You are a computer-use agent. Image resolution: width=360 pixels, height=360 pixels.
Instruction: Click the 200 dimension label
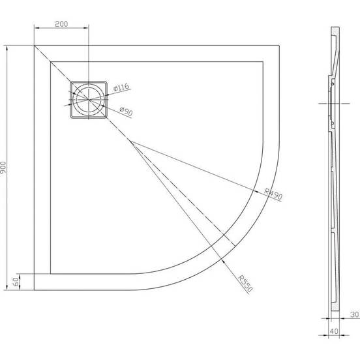click(x=61, y=24)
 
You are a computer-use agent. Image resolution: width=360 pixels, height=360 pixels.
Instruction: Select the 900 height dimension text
click(x=3, y=168)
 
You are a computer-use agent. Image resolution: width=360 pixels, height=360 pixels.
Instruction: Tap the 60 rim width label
click(x=16, y=282)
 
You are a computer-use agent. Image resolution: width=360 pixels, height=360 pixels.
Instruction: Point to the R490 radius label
click(x=273, y=194)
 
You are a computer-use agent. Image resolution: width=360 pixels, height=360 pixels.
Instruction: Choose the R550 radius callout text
click(x=245, y=284)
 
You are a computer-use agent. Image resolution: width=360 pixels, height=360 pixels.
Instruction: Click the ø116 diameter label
click(x=122, y=87)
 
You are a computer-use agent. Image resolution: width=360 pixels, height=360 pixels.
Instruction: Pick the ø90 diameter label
click(x=127, y=111)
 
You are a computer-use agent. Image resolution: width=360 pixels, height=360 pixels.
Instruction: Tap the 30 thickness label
click(x=355, y=314)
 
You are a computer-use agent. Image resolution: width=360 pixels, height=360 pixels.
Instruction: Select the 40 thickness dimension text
click(x=334, y=331)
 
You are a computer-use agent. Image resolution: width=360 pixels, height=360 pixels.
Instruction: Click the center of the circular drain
click(x=89, y=100)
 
